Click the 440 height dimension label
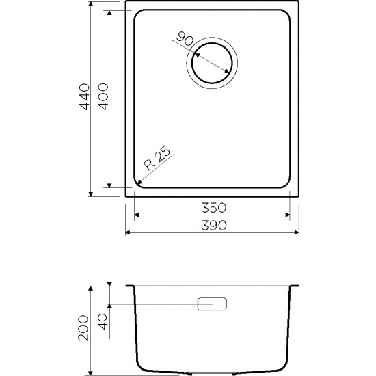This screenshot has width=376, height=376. tap(84, 96)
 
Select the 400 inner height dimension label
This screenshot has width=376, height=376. tap(103, 96)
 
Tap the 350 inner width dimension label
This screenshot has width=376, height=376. tap(214, 208)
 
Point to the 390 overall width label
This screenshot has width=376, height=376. tap(214, 226)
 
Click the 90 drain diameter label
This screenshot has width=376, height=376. tap(185, 39)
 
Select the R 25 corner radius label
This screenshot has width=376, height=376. tap(157, 158)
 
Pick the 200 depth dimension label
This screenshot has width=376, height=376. tap(83, 327)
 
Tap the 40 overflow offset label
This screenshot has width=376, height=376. tap(103, 321)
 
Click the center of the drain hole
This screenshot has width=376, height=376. tap(212, 63)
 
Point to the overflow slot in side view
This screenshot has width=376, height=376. tap(212, 304)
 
